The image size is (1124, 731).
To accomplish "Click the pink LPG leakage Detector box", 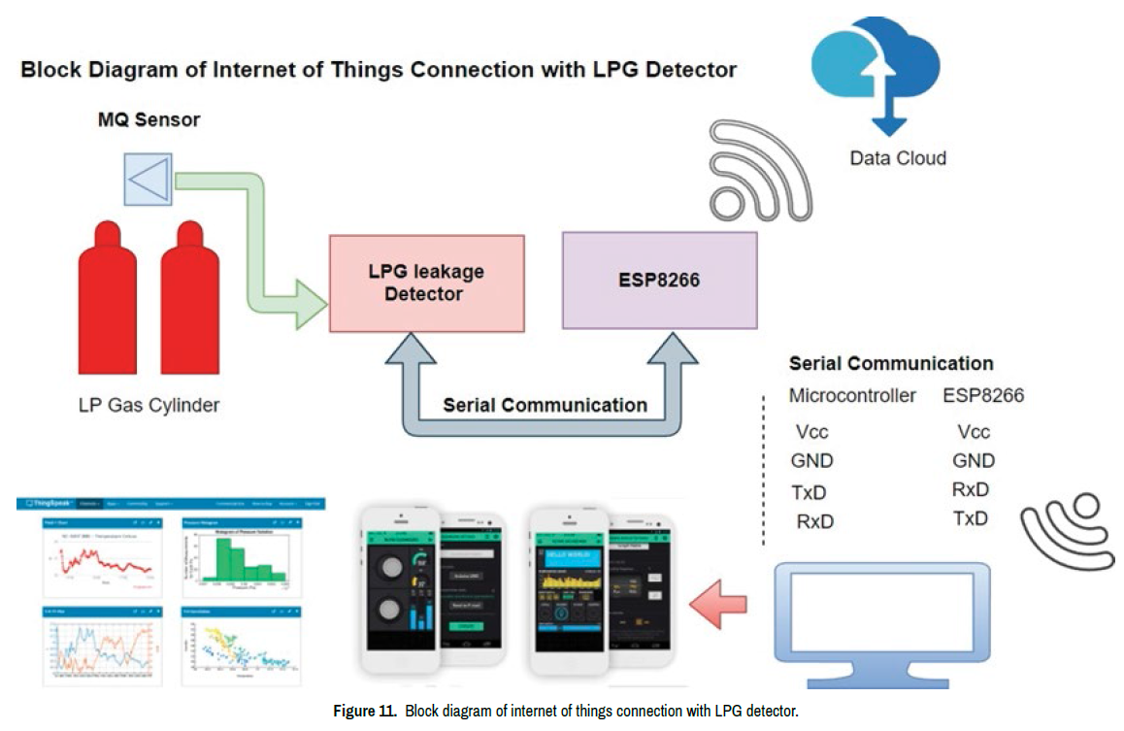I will tap(426, 282).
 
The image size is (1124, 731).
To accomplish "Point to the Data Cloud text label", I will tap(898, 158).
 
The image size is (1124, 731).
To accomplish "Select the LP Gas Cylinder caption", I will tap(149, 405).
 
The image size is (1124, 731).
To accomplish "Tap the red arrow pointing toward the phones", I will tap(719, 606).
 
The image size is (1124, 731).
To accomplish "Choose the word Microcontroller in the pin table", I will tap(852, 396).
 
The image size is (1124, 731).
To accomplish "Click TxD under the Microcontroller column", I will tap(809, 492).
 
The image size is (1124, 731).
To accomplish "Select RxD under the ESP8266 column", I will tap(971, 489).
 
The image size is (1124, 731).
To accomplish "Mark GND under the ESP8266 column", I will tap(974, 461).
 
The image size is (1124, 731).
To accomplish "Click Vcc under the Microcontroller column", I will tap(811, 433).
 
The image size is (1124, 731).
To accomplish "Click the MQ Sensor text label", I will tap(149, 120).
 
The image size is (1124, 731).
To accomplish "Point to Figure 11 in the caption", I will tap(364, 712).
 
